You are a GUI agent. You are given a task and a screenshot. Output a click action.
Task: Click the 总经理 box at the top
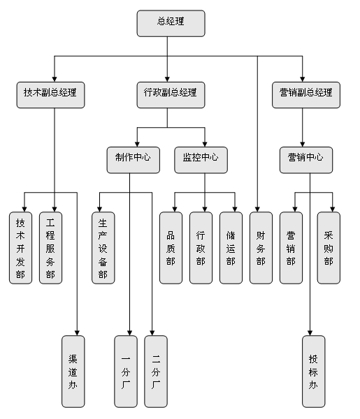171,23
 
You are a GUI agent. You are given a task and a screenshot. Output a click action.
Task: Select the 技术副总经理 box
50,95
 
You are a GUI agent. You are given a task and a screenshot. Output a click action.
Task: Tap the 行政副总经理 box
171,95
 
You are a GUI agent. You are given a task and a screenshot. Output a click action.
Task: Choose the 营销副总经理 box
306,95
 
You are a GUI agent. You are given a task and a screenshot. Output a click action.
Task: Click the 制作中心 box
134,160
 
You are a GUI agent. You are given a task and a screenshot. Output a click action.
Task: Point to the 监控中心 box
201,160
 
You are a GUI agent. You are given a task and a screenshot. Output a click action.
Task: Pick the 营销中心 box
306,160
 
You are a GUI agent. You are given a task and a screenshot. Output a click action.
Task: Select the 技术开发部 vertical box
20,248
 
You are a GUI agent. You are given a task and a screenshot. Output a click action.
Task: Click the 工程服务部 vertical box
50,248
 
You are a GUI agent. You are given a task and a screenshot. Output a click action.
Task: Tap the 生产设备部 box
103,248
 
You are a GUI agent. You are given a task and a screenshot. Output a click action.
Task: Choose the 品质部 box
171,248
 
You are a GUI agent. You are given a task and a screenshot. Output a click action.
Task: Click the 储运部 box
231,248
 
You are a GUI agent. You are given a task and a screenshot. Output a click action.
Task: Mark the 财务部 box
261,248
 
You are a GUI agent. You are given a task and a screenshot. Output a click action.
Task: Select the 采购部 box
329,248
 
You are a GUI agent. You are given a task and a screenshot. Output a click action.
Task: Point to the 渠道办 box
73,372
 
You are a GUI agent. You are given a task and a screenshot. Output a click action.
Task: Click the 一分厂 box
126,372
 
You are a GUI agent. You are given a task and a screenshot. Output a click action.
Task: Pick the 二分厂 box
156,372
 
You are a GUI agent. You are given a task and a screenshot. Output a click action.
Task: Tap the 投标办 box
314,372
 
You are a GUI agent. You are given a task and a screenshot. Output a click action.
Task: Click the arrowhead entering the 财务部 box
257,209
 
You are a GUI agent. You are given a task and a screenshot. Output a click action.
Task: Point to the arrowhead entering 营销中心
303,145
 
